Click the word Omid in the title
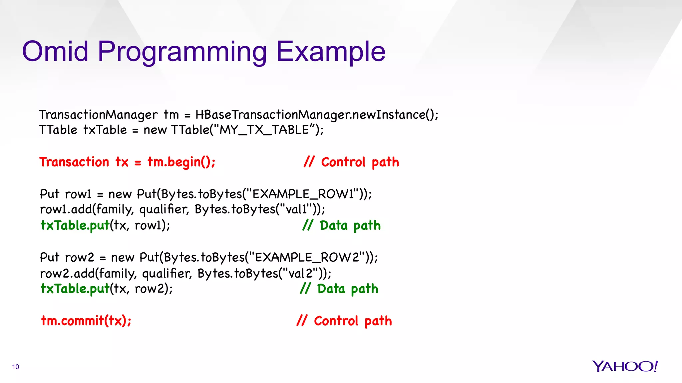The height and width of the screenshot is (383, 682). pos(55,52)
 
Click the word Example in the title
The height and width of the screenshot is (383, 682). pos(331,52)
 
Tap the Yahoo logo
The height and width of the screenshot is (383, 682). pos(625,366)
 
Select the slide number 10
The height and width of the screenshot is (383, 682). pos(16,367)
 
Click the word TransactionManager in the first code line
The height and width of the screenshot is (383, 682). pos(98,115)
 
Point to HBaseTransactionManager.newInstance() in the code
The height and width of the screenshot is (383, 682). pos(316,115)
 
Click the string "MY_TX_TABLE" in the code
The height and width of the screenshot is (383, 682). pos(265,130)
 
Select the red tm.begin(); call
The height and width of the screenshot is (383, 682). pos(181,162)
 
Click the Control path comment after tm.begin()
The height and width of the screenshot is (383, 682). pos(351,162)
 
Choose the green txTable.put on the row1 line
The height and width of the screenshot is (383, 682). pos(75,225)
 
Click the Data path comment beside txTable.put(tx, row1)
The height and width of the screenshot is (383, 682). pos(342,225)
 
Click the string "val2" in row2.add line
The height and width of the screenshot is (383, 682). pos(300,273)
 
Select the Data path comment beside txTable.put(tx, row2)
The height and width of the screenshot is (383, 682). pos(339,289)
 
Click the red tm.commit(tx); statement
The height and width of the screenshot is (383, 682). pos(86,321)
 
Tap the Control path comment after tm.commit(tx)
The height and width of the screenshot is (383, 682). pos(344,321)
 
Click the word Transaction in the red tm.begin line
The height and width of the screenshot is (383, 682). pos(74,162)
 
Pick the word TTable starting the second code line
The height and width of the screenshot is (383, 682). pos(58,130)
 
